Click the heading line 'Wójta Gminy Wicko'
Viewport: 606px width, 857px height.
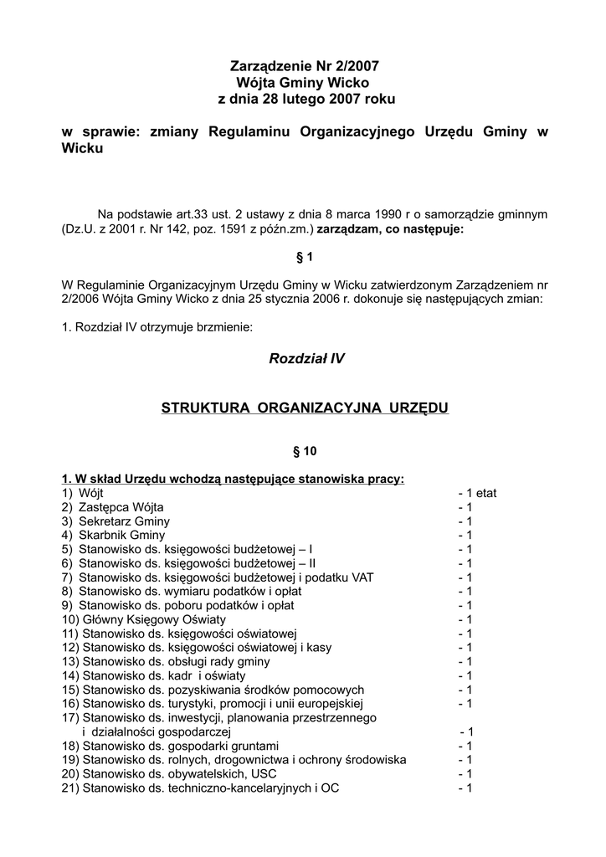pyautogui.click(x=304, y=83)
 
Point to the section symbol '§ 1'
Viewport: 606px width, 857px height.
pyautogui.click(x=304, y=258)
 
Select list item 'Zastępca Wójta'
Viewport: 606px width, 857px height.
pyautogui.click(x=121, y=507)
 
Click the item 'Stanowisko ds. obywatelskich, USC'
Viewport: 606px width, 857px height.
pyautogui.click(x=178, y=774)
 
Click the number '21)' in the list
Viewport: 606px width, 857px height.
pyautogui.click(x=70, y=788)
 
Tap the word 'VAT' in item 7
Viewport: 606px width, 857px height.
pyautogui.click(x=365, y=577)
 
